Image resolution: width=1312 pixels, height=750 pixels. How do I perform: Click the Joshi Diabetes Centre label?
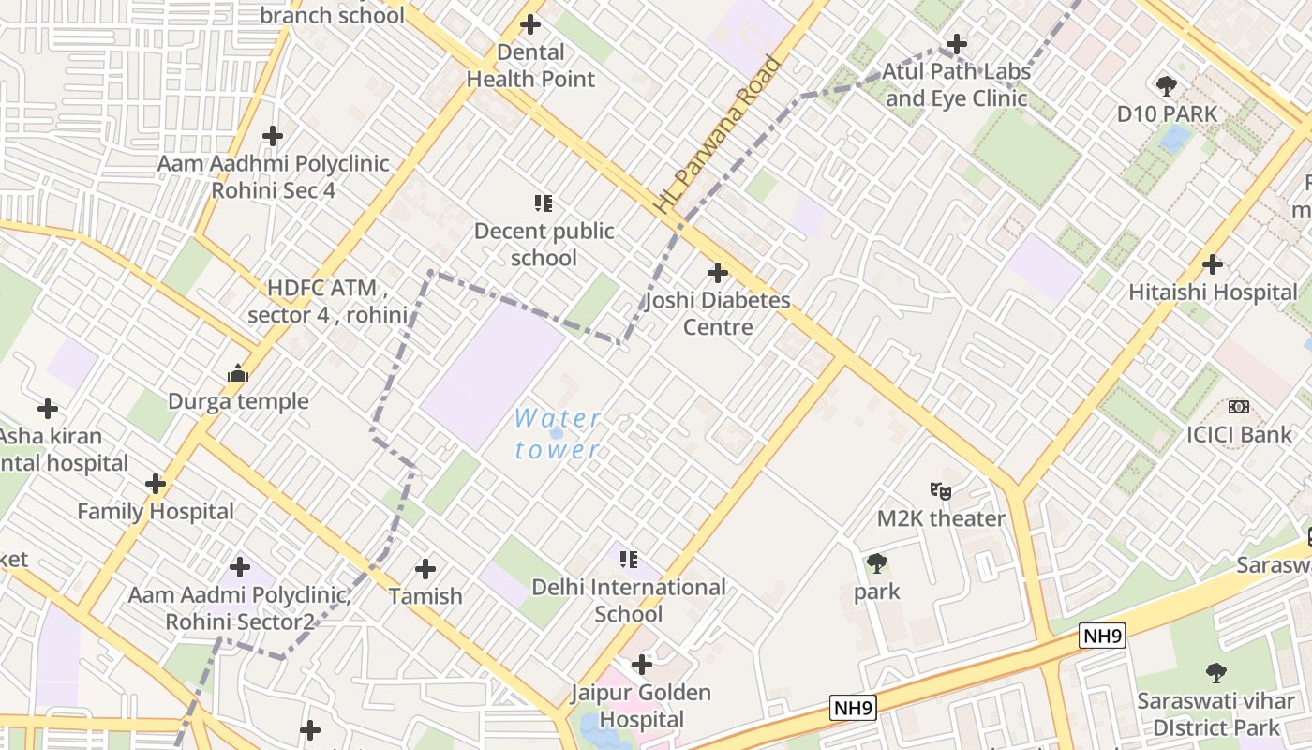pyautogui.click(x=717, y=314)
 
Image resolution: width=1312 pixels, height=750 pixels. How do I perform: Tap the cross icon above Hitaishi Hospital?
pyautogui.click(x=1213, y=264)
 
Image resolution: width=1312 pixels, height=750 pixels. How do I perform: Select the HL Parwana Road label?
pyautogui.click(x=718, y=135)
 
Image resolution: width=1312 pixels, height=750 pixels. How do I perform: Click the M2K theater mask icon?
pyautogui.click(x=940, y=490)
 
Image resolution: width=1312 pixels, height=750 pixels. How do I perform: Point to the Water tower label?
pyautogui.click(x=558, y=433)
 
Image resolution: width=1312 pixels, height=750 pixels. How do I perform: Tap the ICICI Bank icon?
pyautogui.click(x=1239, y=407)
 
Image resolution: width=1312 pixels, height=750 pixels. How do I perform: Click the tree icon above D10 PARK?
pyautogui.click(x=1167, y=86)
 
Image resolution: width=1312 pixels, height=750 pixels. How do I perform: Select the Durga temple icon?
pyautogui.click(x=238, y=374)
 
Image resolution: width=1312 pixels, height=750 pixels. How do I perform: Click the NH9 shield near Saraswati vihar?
pyautogui.click(x=1101, y=636)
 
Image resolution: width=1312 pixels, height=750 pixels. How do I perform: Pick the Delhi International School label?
pyautogui.click(x=629, y=601)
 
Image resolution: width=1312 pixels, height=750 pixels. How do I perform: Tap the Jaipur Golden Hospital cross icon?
pyautogui.click(x=642, y=665)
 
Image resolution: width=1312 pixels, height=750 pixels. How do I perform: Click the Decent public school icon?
pyautogui.click(x=544, y=202)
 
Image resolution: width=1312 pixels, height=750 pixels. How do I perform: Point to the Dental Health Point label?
pyautogui.click(x=530, y=66)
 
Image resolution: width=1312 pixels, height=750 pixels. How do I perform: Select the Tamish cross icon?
pyautogui.click(x=425, y=569)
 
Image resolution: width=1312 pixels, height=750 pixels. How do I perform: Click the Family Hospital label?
pyautogui.click(x=156, y=512)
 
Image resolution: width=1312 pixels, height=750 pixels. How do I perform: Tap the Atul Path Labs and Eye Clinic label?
pyautogui.click(x=957, y=85)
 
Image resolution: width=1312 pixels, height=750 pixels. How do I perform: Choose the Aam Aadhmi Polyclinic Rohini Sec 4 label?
pyautogui.click(x=273, y=176)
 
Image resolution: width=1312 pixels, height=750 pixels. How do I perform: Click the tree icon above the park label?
pyautogui.click(x=876, y=563)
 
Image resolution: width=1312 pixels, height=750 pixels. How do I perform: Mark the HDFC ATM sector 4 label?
pyautogui.click(x=327, y=301)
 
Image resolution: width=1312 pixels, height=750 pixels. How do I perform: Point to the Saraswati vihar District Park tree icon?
pyautogui.click(x=1215, y=672)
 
